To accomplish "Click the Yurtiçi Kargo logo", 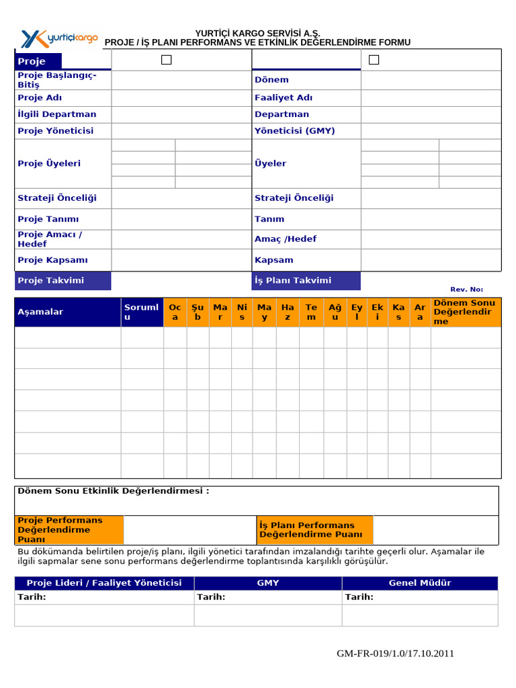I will click(59, 38).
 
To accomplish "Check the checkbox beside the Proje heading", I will click(167, 60).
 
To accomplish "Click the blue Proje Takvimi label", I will click(62, 281).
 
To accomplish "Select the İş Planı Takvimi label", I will click(306, 281).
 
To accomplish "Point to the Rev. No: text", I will click(466, 289).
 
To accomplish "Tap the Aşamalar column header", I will click(67, 312).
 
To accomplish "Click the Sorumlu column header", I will click(142, 312).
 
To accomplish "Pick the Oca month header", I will click(175, 312).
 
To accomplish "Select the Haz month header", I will click(288, 312).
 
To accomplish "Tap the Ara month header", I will click(420, 312).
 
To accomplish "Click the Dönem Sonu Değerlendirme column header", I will click(466, 312).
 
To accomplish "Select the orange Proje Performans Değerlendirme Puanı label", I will click(69, 529).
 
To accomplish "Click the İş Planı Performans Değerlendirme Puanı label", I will click(314, 529).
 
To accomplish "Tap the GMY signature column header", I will click(268, 583).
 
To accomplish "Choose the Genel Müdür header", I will click(420, 583).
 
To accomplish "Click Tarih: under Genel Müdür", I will click(359, 597).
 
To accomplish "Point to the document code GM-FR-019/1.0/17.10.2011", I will click(395, 653).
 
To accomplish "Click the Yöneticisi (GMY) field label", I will click(294, 131).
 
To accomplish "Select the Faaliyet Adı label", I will click(284, 97).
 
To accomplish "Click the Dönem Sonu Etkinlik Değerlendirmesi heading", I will click(113, 491).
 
